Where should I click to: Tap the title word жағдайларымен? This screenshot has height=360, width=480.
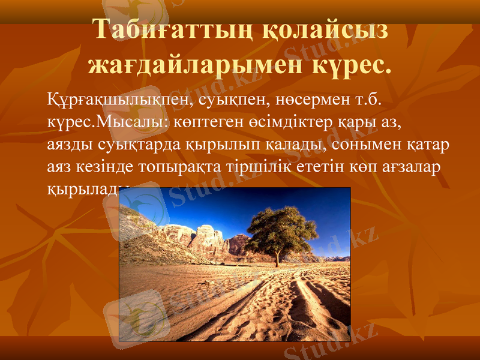pyautogui.click(x=196, y=64)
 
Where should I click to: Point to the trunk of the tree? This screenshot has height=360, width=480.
pyautogui.click(x=277, y=258)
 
